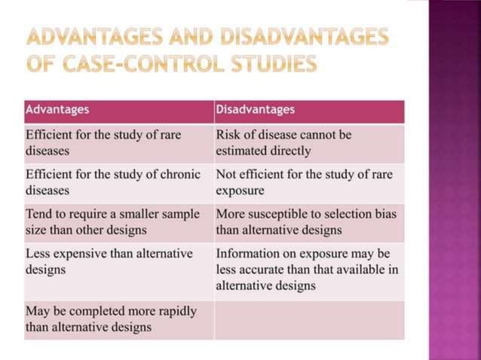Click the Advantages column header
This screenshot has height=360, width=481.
click(57, 110)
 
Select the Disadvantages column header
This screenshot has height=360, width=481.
click(255, 110)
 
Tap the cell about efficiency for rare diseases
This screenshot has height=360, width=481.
click(118, 142)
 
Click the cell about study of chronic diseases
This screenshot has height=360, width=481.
click(118, 182)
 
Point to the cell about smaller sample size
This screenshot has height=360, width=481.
click(118, 221)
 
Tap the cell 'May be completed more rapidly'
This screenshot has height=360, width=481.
click(118, 319)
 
